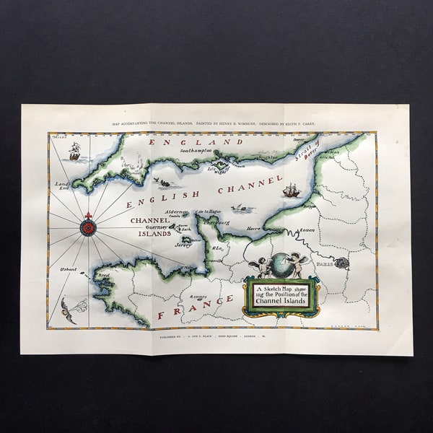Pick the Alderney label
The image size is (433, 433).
[x=176, y=212]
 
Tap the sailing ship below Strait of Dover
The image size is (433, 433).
[x=290, y=191]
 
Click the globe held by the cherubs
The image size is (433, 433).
[x=279, y=266]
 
